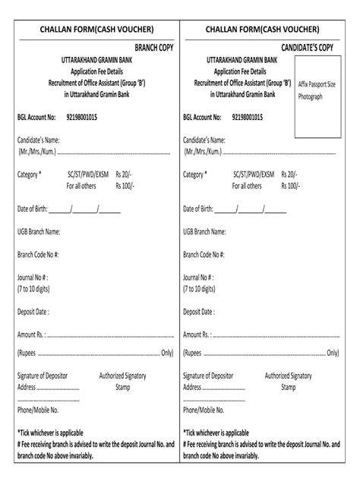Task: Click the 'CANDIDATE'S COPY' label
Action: (308, 48)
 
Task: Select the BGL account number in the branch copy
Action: (87, 118)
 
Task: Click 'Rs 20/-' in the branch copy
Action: (125, 175)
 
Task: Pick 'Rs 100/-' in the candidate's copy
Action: (291, 185)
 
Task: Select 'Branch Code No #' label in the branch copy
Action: (39, 256)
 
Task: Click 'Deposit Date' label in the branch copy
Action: (33, 311)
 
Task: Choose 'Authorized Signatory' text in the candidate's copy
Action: (288, 376)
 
